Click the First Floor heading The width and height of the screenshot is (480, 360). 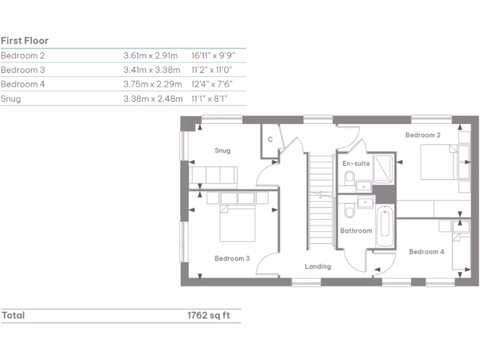pos(24,41)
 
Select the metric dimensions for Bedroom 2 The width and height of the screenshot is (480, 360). pos(150,56)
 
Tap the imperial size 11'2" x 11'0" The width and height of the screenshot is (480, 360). pos(212,70)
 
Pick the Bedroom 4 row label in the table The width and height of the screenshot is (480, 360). pos(23,84)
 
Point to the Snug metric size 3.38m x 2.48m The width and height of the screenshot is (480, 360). pos(152,99)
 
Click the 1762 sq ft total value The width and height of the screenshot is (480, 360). pos(209,315)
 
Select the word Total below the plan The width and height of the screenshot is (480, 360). pos(13,315)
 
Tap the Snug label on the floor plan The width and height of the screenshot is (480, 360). pos(223,150)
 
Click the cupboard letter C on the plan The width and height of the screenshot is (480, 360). pos(270,139)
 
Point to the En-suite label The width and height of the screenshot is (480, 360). pos(356,164)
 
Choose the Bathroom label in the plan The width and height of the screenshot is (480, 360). pos(356,231)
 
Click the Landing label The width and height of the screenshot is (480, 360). pos(318,266)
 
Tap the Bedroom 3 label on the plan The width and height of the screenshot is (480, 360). pos(232,258)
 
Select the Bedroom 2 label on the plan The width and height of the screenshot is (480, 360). pos(423,135)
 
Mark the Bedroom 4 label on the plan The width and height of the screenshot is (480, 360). pos(427,252)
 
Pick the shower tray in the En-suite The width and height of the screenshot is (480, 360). pos(384,167)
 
